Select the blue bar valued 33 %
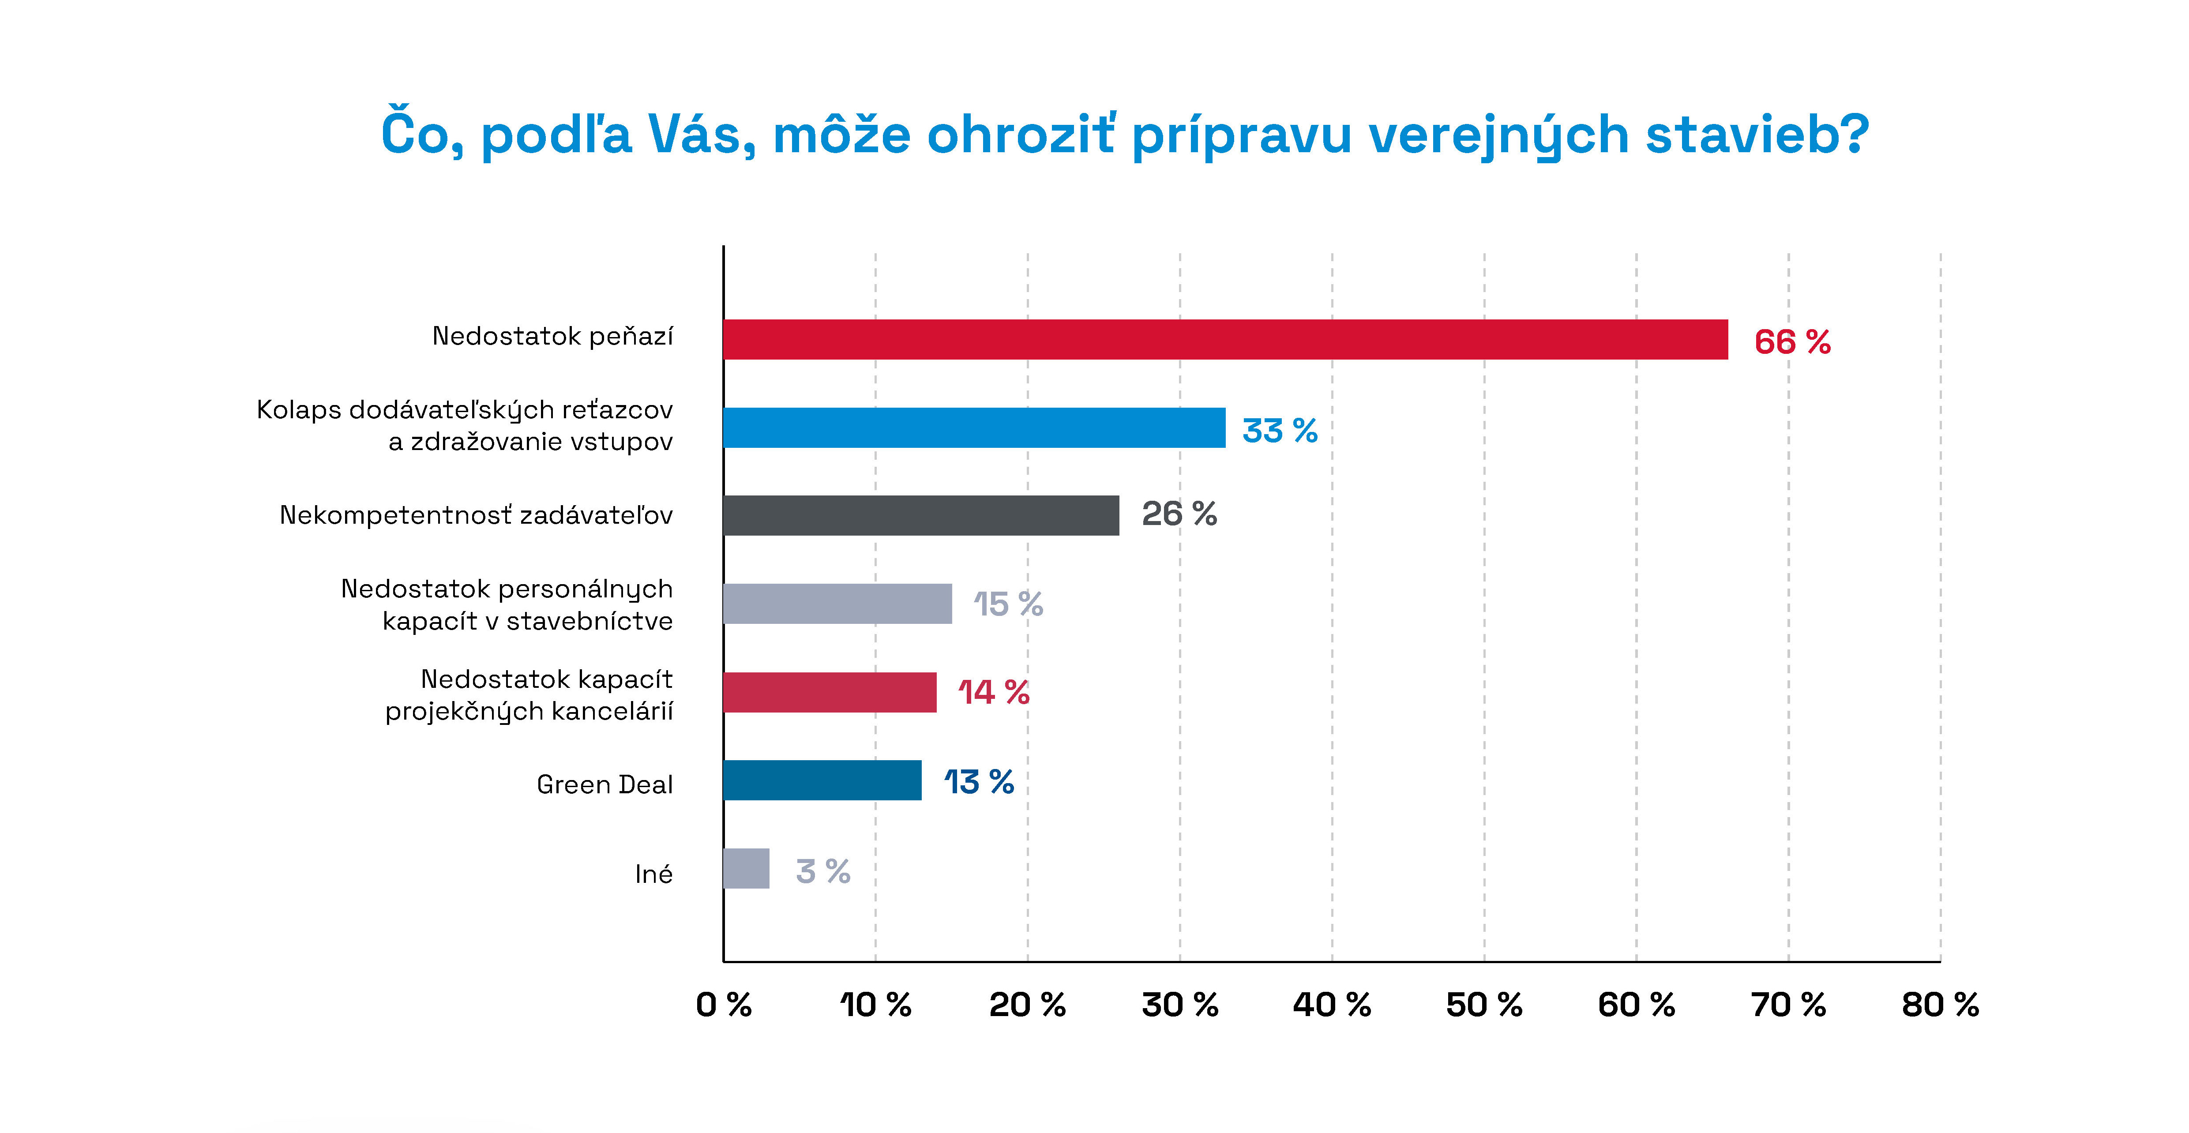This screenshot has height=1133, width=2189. (x=974, y=428)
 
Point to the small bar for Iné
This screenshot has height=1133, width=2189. (x=746, y=869)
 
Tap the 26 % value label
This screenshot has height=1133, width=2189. (x=1179, y=514)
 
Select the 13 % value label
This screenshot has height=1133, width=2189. (x=979, y=782)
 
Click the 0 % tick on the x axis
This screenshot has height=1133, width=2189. (x=723, y=1005)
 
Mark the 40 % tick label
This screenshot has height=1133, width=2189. (x=1332, y=1005)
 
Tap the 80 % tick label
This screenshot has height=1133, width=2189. (x=1940, y=1005)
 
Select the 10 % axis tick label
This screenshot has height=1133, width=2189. (x=875, y=1005)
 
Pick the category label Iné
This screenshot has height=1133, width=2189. (x=653, y=874)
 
